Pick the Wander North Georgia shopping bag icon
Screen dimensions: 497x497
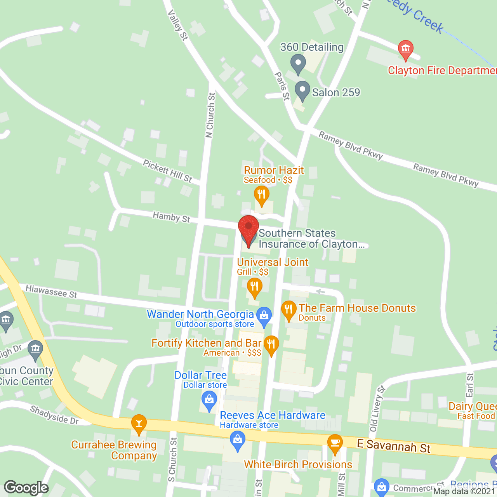[x=264, y=316]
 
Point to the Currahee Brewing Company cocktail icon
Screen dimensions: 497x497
[x=139, y=423]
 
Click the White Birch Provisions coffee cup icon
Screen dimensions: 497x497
[x=335, y=443]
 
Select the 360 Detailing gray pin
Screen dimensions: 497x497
[x=298, y=63]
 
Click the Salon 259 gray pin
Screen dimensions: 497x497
[x=302, y=90]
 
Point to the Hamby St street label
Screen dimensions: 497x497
[x=171, y=217]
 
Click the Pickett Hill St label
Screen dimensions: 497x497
[x=167, y=171]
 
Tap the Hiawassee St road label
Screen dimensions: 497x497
[x=51, y=291]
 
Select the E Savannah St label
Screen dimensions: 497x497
[x=393, y=446]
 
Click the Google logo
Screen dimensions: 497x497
[x=26, y=488]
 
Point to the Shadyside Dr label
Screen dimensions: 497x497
[x=54, y=415]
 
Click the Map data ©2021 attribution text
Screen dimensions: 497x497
[x=464, y=492]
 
